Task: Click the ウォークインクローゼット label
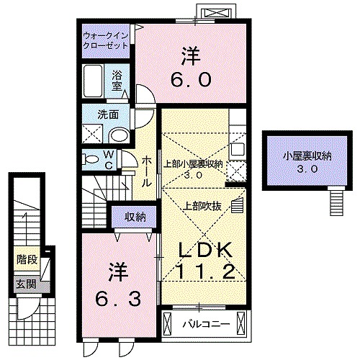(x=105, y=40)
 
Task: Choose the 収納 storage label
(x=134, y=217)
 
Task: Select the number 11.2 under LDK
(x=204, y=272)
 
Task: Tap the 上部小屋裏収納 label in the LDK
(x=192, y=168)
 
